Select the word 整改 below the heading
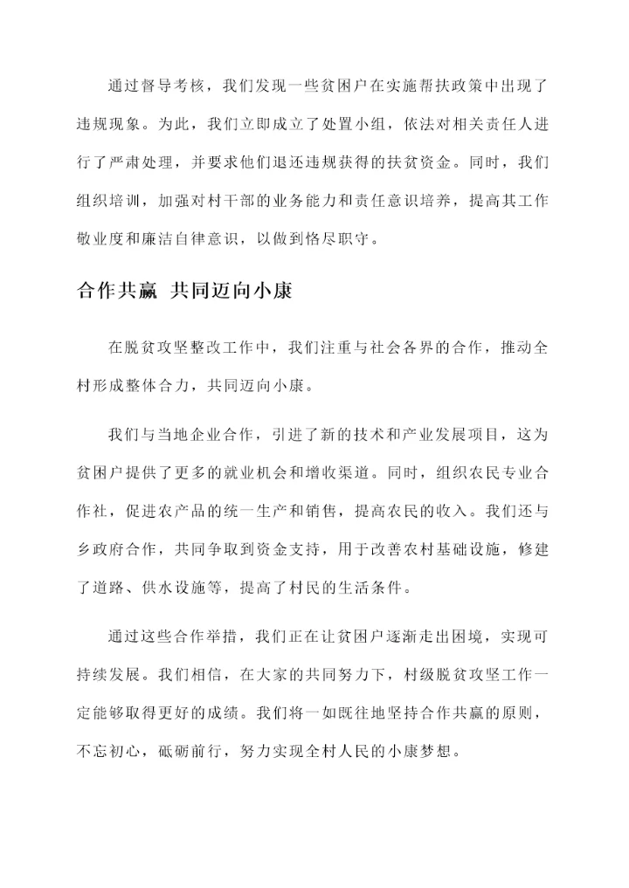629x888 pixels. [203, 348]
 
